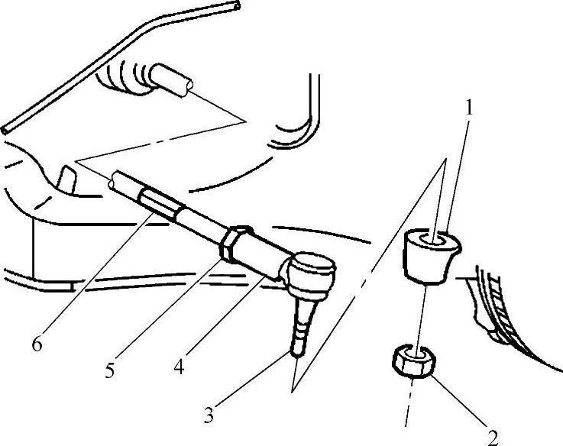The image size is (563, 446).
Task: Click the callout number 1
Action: pyautogui.click(x=469, y=108)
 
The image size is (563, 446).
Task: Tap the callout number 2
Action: pyautogui.click(x=493, y=437)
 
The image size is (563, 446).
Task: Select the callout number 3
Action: pyautogui.click(x=209, y=416)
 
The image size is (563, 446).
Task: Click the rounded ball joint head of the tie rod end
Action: pyautogui.click(x=311, y=272)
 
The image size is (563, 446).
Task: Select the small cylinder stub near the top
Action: pyautogui.click(x=171, y=80)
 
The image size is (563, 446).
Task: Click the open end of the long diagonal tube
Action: pyautogui.click(x=238, y=5)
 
